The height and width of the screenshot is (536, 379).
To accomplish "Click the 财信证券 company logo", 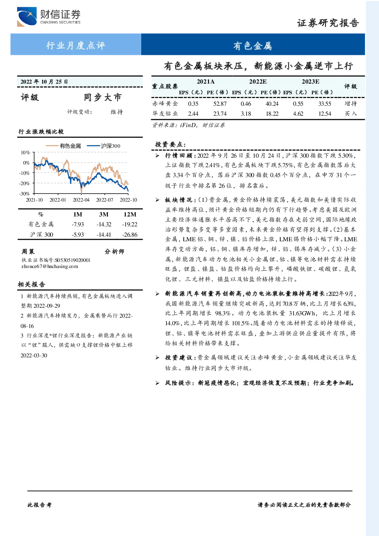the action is tap(49, 16).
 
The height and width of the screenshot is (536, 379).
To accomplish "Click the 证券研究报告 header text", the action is tap(328, 23).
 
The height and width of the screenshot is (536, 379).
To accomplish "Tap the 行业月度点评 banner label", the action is tap(76, 45).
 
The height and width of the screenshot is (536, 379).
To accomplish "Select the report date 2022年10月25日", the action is tap(44, 82).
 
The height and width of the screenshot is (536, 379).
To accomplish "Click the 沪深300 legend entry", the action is tap(103, 146).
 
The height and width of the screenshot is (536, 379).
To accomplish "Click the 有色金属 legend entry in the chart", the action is tap(63, 146).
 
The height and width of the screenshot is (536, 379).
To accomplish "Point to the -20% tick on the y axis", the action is tap(25, 183).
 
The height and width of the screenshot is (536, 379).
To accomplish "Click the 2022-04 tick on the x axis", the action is tap(81, 200).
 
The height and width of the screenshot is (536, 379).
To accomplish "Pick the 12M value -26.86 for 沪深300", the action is tap(130, 234).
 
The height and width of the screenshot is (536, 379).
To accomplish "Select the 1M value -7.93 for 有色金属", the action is tap(78, 224).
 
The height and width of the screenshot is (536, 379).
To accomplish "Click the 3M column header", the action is tap(104, 214).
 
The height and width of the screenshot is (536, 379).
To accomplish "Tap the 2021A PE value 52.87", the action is tap(220, 103).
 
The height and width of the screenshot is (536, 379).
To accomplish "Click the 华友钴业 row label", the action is tap(165, 113).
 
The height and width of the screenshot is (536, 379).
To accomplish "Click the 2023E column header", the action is tap(310, 82).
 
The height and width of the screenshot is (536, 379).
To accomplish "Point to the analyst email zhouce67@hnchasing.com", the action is tap(50, 266).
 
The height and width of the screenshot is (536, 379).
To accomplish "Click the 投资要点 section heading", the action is tap(170, 144).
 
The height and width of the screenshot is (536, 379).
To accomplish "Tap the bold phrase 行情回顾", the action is tap(179, 155).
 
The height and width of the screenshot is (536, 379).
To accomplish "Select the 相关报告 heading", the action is tap(31, 284).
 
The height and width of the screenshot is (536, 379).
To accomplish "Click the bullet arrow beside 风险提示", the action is tap(157, 383).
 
